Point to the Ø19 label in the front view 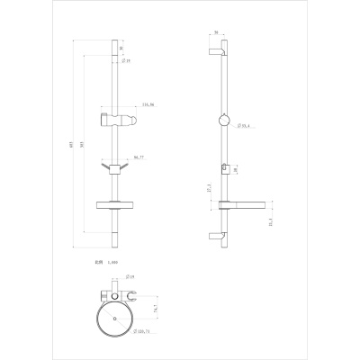(128, 61)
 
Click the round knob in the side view (221, 122)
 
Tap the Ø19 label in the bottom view (130, 290)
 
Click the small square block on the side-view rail (220, 168)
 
